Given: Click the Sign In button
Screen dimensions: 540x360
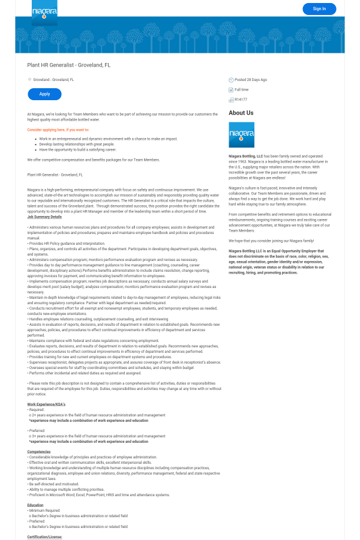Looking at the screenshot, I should (x=319, y=8).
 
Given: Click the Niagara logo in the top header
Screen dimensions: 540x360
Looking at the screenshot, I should (x=44, y=12).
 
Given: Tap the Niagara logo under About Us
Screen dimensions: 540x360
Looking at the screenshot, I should (x=241, y=135).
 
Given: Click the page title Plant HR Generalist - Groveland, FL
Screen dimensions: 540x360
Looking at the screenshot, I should (x=68, y=65).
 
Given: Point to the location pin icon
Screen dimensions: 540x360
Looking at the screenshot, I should (x=29, y=79).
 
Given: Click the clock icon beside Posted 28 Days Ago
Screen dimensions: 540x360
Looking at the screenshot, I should (x=231, y=80).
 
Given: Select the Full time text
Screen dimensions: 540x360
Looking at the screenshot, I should (x=242, y=89).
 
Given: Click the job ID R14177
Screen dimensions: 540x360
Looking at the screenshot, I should (x=241, y=100).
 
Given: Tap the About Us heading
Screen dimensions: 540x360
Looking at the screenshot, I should (x=241, y=113).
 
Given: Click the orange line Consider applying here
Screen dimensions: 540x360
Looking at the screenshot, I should (x=58, y=130).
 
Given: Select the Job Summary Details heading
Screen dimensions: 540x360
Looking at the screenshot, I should (x=44, y=217).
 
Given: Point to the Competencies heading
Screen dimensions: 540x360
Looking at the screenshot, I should (x=39, y=452).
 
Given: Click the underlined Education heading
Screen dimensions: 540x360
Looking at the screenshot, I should (x=35, y=505).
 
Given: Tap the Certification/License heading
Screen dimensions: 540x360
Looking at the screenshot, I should (x=44, y=537).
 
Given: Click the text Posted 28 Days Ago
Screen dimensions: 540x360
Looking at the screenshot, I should (x=251, y=80).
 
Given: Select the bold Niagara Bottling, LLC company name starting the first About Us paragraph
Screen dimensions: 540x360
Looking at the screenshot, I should (x=246, y=156).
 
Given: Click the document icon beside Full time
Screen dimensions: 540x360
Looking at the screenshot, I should (x=231, y=90).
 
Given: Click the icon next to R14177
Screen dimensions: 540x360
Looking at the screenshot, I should (x=231, y=100).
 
